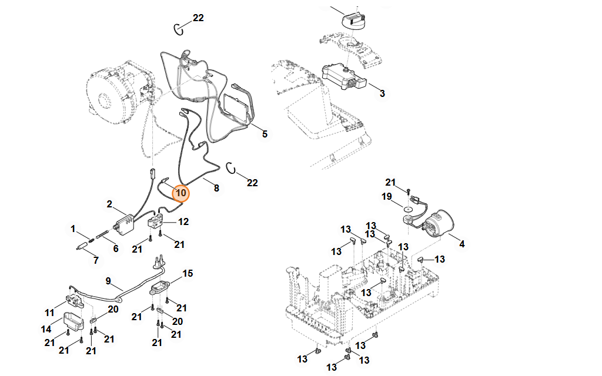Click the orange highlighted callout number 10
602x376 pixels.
(x=181, y=193)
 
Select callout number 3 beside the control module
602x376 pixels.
(x=382, y=93)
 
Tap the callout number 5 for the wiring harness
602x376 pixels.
(x=265, y=134)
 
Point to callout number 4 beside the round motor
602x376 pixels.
(x=461, y=244)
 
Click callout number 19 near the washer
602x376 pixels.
(x=386, y=196)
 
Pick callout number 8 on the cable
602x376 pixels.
(x=216, y=188)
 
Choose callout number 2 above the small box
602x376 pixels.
(x=109, y=204)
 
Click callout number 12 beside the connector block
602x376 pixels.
(x=184, y=222)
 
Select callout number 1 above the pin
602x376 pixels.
(x=73, y=228)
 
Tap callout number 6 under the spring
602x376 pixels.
(x=116, y=249)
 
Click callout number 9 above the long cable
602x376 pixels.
(x=108, y=281)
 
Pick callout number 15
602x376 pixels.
(x=188, y=274)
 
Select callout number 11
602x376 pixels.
(x=49, y=312)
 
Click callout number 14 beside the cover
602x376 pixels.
(x=46, y=328)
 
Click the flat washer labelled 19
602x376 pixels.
(x=406, y=207)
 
